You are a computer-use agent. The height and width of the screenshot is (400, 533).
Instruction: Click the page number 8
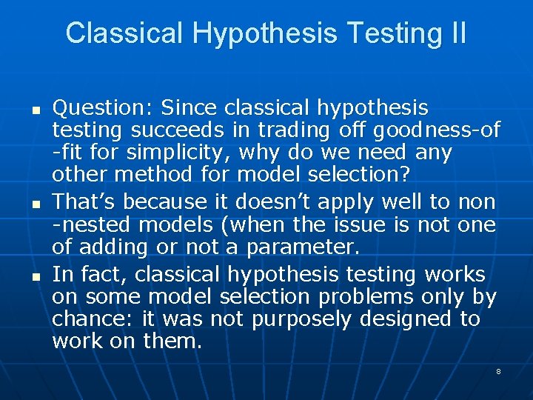(498, 371)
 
